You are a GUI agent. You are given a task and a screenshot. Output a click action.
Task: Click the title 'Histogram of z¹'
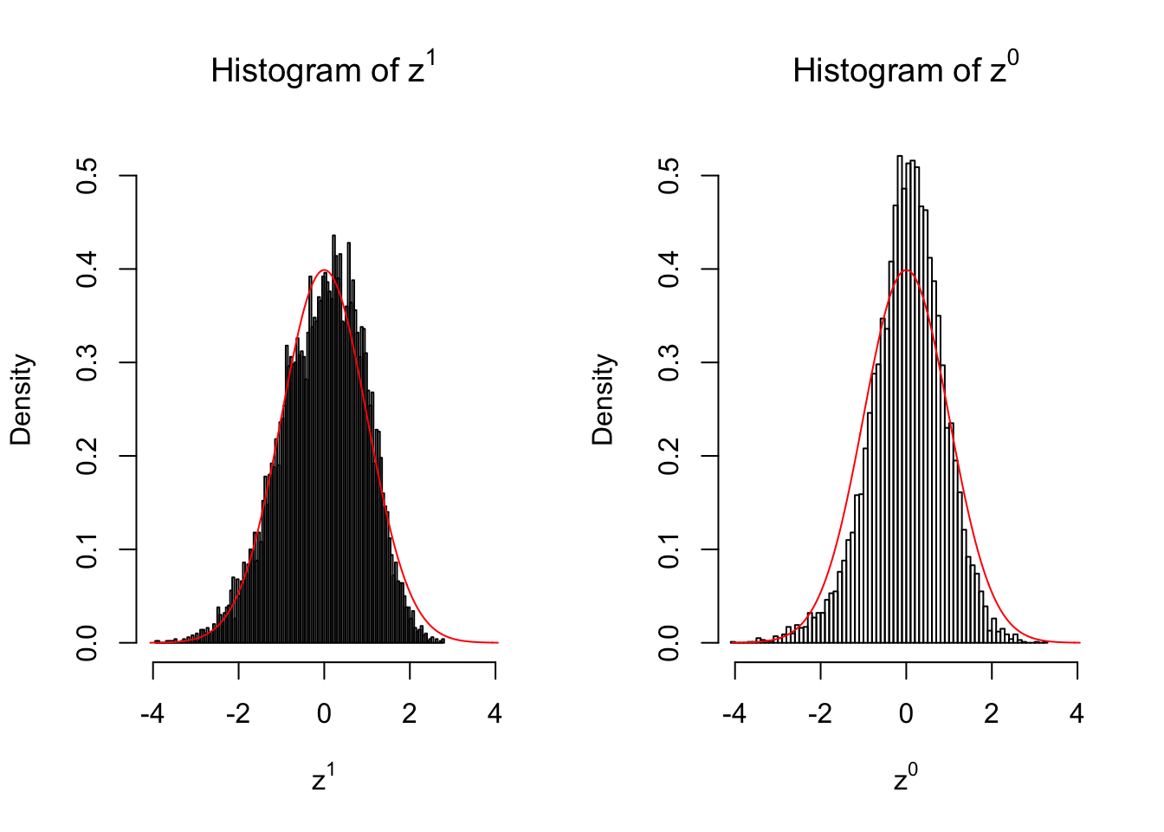pyautogui.click(x=323, y=69)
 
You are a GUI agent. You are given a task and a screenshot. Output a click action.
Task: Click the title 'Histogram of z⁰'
pyautogui.click(x=905, y=69)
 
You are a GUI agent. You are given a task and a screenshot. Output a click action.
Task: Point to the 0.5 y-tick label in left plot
pyautogui.click(x=87, y=176)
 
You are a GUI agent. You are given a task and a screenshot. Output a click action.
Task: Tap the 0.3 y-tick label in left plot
pyautogui.click(x=87, y=362)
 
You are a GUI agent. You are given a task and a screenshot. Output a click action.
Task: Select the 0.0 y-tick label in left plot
pyautogui.click(x=87, y=643)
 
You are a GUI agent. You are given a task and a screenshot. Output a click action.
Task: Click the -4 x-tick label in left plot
pyautogui.click(x=152, y=714)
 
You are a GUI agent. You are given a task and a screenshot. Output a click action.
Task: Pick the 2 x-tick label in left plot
pyautogui.click(x=410, y=714)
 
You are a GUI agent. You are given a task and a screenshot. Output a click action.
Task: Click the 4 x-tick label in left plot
pyautogui.click(x=495, y=714)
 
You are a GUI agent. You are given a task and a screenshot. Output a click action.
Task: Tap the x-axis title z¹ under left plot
pyautogui.click(x=323, y=778)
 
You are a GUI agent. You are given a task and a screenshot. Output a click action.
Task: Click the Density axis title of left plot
pyautogui.click(x=21, y=400)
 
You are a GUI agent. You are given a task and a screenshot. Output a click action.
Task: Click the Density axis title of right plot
pyautogui.click(x=603, y=400)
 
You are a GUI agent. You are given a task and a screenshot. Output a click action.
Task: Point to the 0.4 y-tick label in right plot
pyautogui.click(x=669, y=270)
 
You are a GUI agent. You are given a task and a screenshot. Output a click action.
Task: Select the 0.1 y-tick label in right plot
pyautogui.click(x=669, y=549)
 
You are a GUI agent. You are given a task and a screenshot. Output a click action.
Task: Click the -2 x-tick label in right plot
pyautogui.click(x=819, y=714)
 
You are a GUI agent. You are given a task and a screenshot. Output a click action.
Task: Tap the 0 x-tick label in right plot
pyautogui.click(x=906, y=714)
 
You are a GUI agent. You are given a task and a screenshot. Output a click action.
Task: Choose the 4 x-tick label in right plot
pyautogui.click(x=1077, y=714)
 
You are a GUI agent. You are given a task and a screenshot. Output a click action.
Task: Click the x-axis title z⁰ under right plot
pyautogui.click(x=905, y=778)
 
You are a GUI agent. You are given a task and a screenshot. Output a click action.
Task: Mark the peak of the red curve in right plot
pyautogui.click(x=907, y=270)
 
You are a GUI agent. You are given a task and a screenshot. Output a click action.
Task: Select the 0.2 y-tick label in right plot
pyautogui.click(x=669, y=456)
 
